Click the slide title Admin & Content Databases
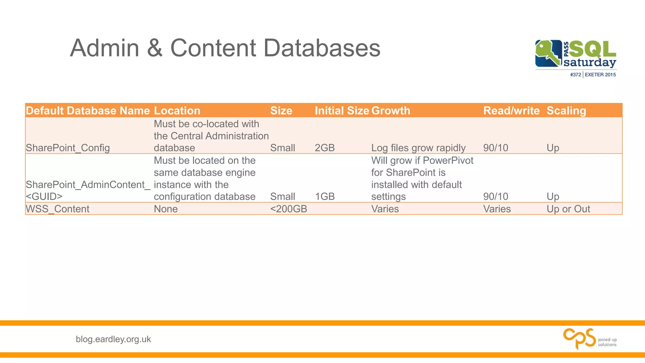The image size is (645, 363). (x=225, y=48)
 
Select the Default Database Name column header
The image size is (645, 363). (x=88, y=111)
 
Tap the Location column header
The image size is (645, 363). (x=177, y=111)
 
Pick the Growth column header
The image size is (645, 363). (x=391, y=111)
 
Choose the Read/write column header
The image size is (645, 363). (x=511, y=111)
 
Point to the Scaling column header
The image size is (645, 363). (x=566, y=111)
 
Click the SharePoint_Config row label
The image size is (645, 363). (x=68, y=148)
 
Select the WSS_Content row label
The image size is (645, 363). (x=58, y=209)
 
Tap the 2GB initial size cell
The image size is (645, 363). (x=324, y=148)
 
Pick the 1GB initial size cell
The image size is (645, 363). (x=324, y=197)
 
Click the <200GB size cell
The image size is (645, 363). (x=288, y=209)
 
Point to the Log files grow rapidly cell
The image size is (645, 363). (x=418, y=148)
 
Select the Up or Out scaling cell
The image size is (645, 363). (x=568, y=209)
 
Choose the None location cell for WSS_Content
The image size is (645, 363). (x=166, y=209)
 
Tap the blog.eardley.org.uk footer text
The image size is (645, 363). (x=113, y=339)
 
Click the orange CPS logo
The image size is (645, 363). (x=579, y=338)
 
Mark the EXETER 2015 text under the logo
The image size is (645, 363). (x=600, y=75)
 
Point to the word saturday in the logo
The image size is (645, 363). (x=590, y=62)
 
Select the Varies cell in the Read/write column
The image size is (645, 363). (x=497, y=209)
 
